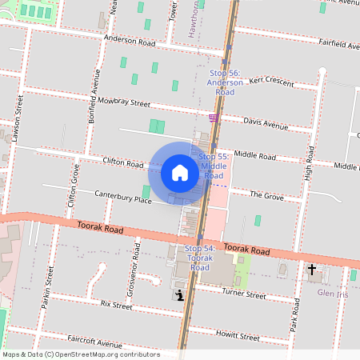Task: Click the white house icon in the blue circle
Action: click(x=180, y=173)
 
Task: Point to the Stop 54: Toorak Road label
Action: click(x=200, y=258)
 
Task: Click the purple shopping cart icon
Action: click(x=213, y=118)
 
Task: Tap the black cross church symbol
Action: click(x=312, y=270)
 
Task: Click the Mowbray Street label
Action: click(x=124, y=102)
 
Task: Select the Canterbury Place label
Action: click(x=122, y=197)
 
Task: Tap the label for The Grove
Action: click(x=266, y=194)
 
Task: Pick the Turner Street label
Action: click(x=243, y=294)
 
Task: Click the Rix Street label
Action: click(x=116, y=305)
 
